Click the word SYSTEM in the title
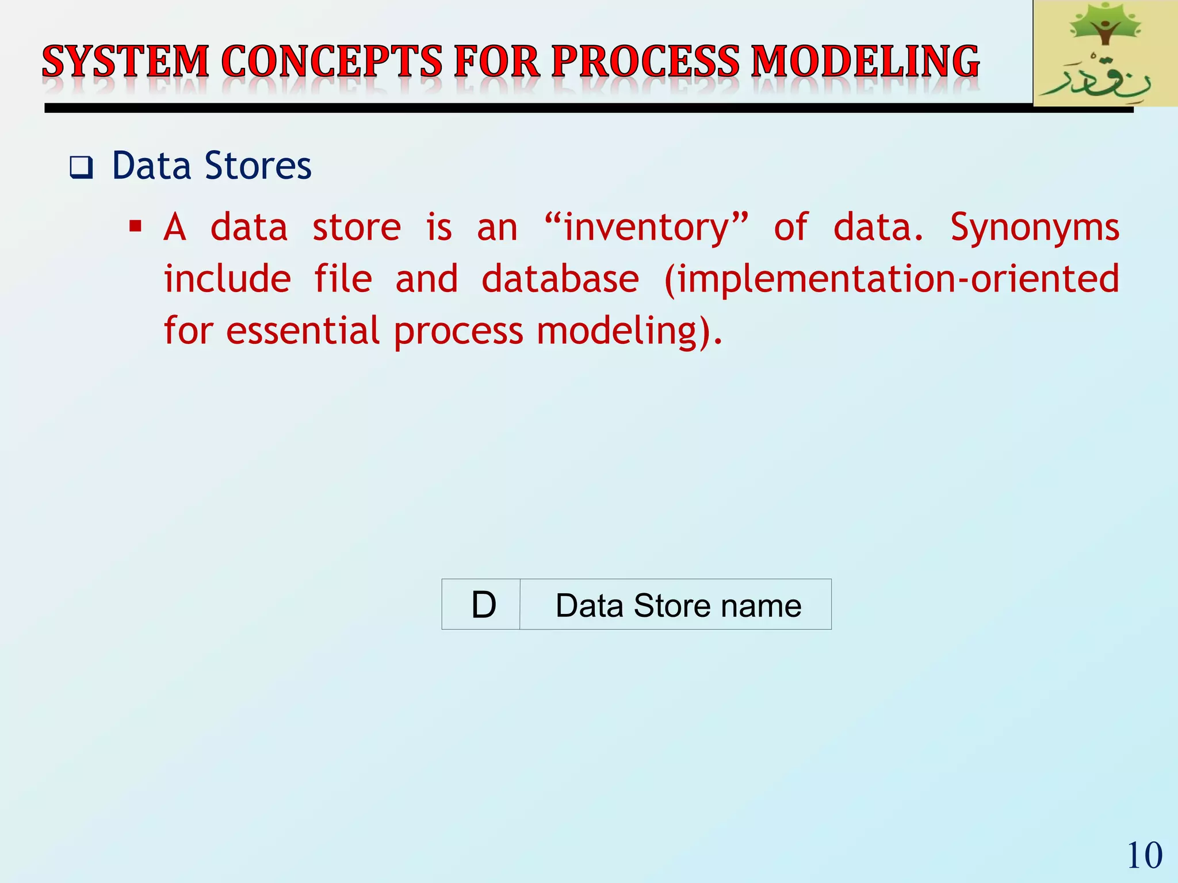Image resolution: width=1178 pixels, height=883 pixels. coord(125,62)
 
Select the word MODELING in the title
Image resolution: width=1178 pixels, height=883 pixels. coord(865,62)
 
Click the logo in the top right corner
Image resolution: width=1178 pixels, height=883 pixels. coord(1104,53)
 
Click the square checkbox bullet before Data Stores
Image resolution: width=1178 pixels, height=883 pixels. coord(81,168)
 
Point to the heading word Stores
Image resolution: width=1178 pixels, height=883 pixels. coord(258,166)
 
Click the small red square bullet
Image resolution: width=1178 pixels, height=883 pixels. coord(136,226)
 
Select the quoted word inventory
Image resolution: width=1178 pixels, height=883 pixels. coord(647,228)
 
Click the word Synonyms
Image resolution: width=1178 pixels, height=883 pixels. coord(1034,228)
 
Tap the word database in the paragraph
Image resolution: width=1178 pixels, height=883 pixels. coord(560,279)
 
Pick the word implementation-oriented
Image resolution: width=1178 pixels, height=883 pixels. coord(892,280)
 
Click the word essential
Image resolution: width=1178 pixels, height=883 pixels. coord(303,332)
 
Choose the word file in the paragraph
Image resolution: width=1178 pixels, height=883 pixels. coord(343,279)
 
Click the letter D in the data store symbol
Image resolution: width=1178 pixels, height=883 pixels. coord(483,605)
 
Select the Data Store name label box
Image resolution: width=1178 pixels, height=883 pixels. coord(678,605)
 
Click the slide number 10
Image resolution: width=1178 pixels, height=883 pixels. coord(1144,855)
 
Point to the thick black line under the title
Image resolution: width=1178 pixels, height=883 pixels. coord(518,108)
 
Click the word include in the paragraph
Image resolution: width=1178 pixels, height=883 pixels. coord(227,279)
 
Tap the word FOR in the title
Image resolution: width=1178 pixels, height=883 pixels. coord(497,62)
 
